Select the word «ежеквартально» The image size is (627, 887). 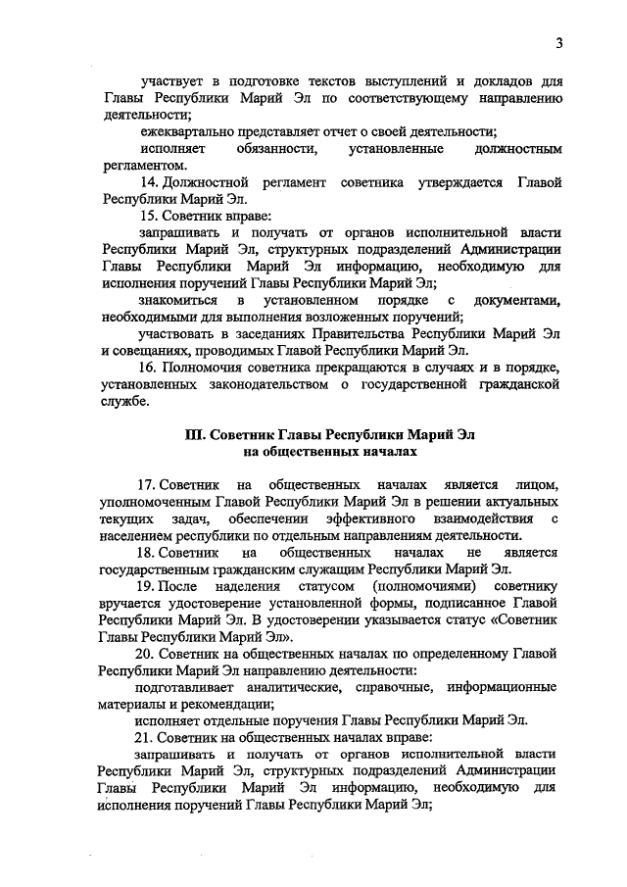[189, 131]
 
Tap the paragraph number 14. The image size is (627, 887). [150, 183]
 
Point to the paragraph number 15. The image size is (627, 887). [150, 215]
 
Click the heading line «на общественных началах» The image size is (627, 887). [330, 452]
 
